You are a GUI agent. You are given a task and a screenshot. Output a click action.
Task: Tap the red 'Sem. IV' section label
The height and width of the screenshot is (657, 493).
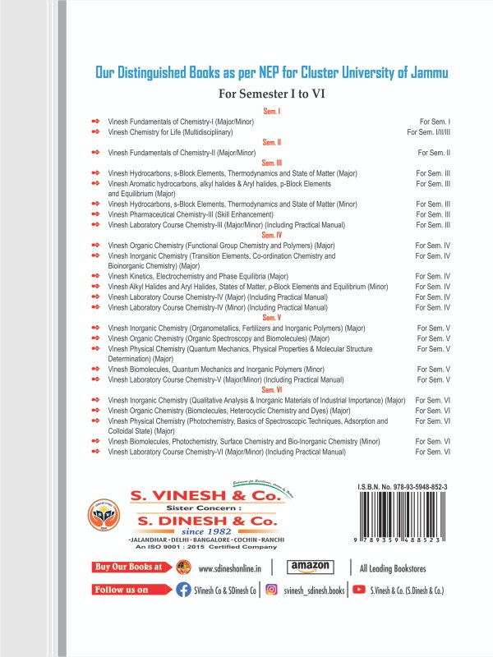(x=272, y=235)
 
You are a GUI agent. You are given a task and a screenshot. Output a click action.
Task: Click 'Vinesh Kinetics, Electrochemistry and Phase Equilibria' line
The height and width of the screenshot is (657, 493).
(x=198, y=276)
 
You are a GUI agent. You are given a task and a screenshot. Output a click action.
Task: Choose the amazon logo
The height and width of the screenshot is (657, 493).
(x=311, y=567)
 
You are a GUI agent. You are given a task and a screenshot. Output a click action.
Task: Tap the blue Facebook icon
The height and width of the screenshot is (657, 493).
(x=184, y=590)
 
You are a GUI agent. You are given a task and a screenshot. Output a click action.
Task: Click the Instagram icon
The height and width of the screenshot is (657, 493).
(x=270, y=590)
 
